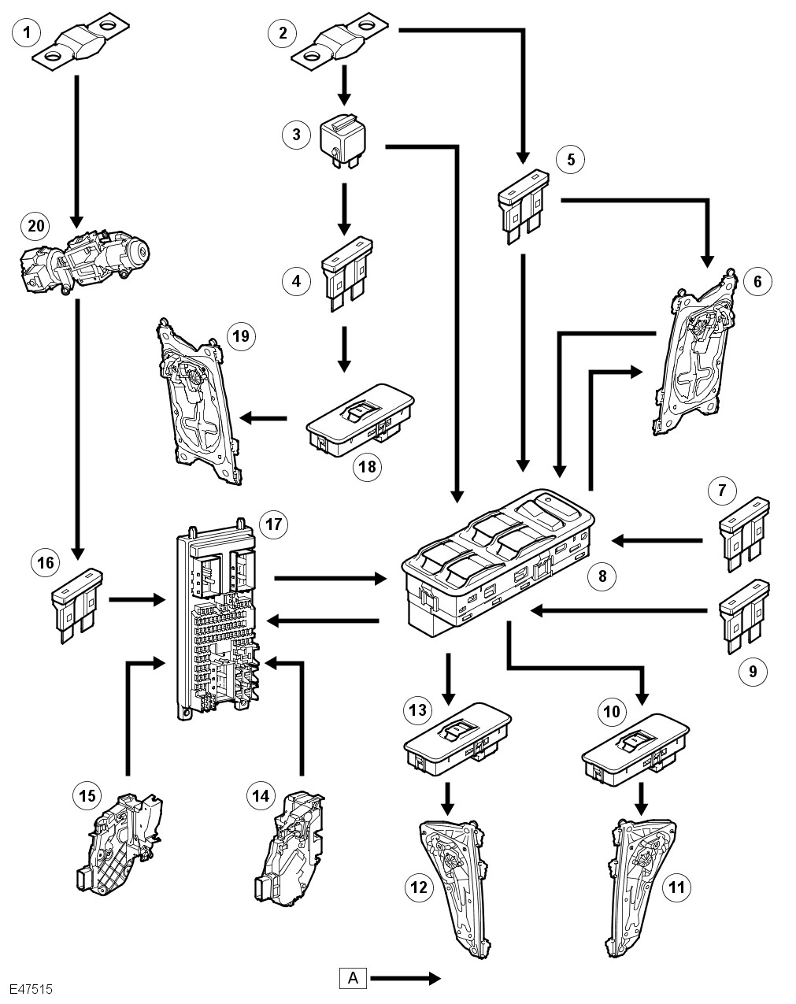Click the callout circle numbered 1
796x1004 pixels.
click(x=28, y=32)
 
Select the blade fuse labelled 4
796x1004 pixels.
click(x=346, y=270)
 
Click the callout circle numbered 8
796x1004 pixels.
click(x=602, y=576)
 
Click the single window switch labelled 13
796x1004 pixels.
click(x=457, y=741)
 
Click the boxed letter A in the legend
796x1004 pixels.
click(x=354, y=979)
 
